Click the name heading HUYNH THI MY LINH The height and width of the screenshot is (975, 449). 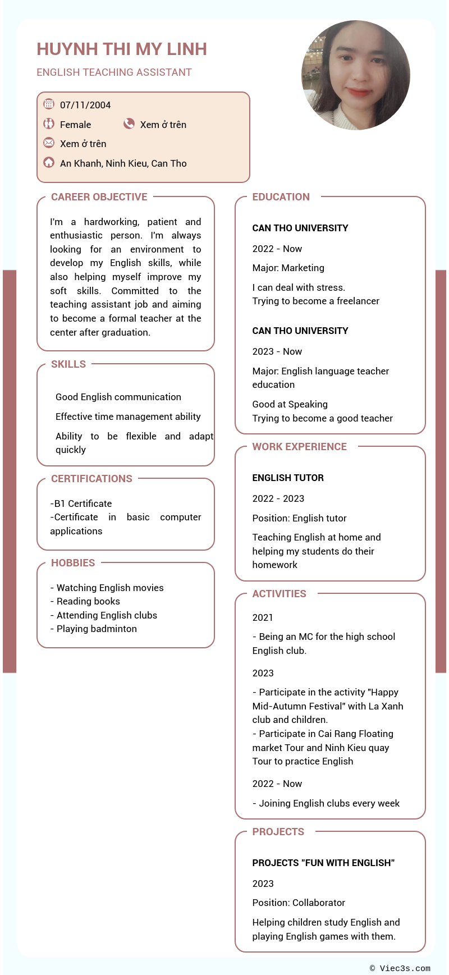122,49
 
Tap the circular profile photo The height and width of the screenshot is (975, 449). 356,75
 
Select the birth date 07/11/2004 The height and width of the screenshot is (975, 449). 85,105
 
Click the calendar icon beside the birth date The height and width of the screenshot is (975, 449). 49,104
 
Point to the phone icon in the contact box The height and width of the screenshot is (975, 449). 129,123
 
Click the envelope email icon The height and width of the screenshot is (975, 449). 49,143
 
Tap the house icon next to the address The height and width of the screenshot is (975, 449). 49,162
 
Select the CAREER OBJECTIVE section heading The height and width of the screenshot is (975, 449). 99,197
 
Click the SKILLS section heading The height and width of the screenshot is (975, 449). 68,364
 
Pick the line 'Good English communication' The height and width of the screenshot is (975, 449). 118,397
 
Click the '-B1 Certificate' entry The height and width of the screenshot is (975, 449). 81,503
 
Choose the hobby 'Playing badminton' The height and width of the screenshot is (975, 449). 96,629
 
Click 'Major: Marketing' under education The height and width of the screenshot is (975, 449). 288,268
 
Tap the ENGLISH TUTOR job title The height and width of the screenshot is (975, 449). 288,478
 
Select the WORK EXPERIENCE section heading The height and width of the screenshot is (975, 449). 299,447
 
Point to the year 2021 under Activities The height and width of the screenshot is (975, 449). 263,617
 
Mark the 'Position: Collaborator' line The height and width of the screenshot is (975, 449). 299,903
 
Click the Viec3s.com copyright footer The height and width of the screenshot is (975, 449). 400,968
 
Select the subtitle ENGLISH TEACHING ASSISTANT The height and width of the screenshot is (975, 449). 114,72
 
